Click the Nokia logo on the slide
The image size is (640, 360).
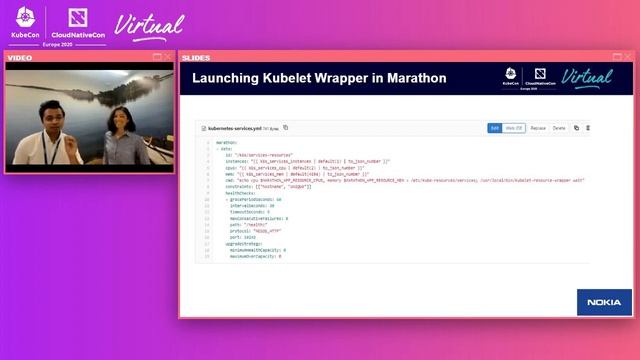(604, 302)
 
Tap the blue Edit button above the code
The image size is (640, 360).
(494, 128)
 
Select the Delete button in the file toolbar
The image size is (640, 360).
(559, 128)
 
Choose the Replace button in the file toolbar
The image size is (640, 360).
(538, 128)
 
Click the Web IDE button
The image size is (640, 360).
(514, 128)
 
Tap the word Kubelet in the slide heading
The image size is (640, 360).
(287, 78)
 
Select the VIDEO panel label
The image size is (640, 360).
(21, 58)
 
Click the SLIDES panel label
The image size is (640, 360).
(196, 58)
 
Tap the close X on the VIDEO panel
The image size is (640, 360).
(168, 57)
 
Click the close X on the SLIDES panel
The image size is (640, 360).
(627, 57)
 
